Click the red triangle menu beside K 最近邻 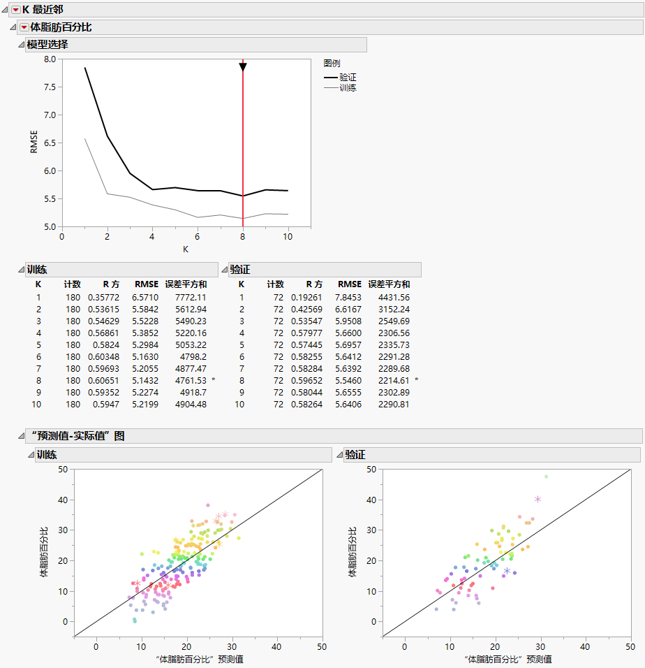15,10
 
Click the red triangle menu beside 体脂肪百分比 24,27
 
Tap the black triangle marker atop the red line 243,66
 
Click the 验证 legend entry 348,77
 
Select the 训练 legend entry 348,88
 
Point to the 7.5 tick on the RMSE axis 49,87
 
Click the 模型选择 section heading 47,45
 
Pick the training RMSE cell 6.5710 146,297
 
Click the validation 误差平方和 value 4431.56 392,297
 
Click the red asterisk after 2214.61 417,379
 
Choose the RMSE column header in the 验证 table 349,284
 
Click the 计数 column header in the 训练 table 73,284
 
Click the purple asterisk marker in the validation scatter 507,571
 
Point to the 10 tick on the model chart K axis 288,236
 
